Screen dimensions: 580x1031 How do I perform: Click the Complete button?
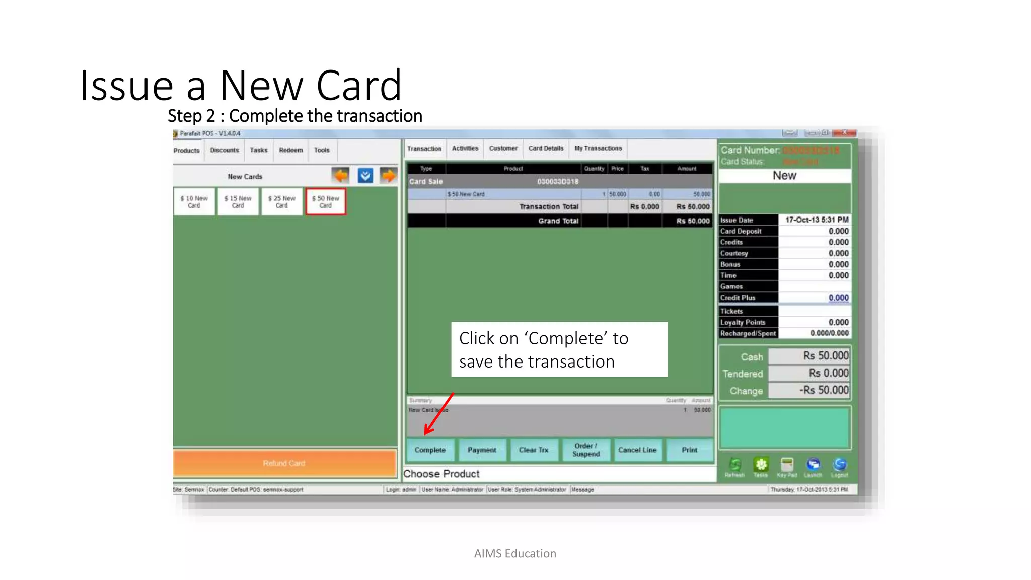430,450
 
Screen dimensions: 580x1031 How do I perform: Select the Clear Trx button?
534,450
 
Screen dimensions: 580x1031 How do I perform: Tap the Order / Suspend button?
586,450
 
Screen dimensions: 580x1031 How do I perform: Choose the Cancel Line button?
637,450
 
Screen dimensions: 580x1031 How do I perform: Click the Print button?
690,450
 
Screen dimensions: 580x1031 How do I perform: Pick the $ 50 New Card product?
326,202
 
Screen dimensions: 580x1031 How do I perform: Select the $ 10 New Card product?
194,202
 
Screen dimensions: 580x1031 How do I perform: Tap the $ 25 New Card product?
282,202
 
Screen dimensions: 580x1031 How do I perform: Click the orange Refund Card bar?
284,463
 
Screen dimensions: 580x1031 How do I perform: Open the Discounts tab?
225,150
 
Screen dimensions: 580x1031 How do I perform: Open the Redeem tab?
291,150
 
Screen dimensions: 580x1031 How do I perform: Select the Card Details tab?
546,148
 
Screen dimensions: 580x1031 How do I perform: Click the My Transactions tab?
598,148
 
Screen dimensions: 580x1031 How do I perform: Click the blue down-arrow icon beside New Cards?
365,176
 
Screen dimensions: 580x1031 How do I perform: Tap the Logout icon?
840,465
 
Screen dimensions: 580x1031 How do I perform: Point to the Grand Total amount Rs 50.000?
693,221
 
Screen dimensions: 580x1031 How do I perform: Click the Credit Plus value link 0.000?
838,298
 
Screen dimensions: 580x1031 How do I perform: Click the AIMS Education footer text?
515,553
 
